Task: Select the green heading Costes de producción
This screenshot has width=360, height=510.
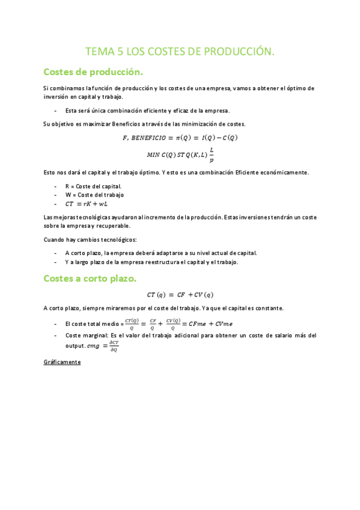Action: (x=93, y=72)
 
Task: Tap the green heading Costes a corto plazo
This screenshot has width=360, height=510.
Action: (x=90, y=278)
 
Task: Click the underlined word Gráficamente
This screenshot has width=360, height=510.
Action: (x=62, y=362)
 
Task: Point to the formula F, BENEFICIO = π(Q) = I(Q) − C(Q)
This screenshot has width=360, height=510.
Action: (x=180, y=137)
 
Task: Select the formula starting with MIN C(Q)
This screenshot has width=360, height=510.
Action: (x=180, y=155)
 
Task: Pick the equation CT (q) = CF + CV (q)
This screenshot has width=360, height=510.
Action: (x=180, y=294)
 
